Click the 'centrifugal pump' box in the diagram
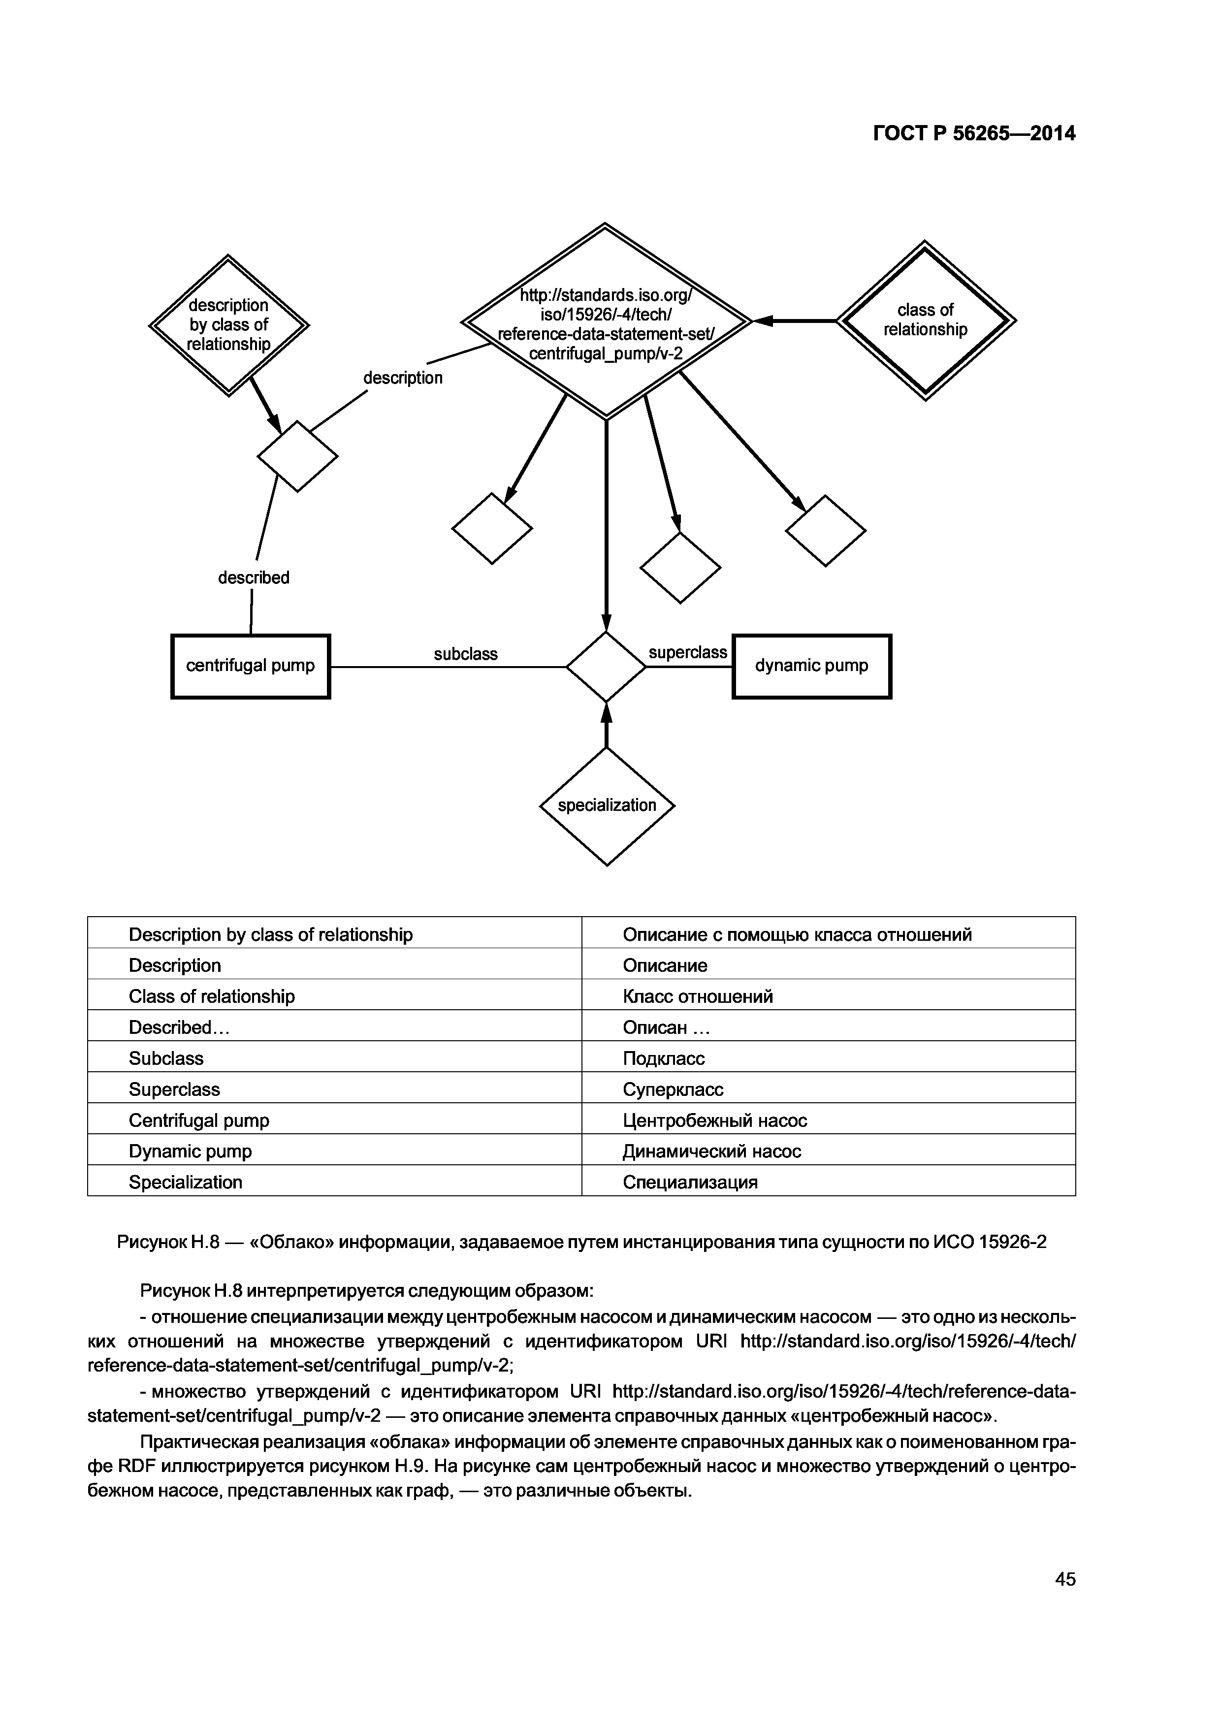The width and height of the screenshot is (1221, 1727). [251, 667]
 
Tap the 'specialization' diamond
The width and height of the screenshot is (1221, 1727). [607, 805]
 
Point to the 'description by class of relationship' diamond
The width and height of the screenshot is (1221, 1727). [229, 325]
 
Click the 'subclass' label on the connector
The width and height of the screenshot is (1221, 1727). [466, 654]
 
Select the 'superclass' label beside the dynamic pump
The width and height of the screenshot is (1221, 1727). [688, 653]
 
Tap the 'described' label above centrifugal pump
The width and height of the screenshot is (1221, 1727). [254, 577]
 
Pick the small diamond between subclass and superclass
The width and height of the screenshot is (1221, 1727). [607, 667]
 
